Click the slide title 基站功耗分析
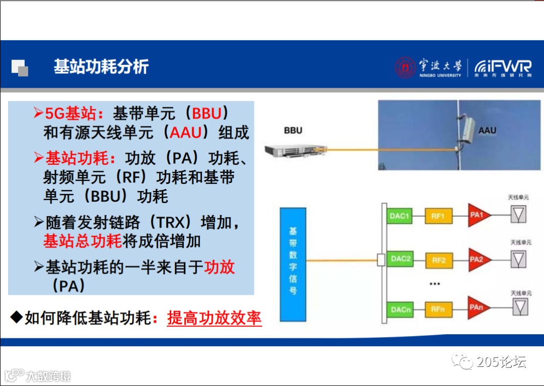(101, 67)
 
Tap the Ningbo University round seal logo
(405, 68)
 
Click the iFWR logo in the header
(503, 68)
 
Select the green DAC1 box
(400, 216)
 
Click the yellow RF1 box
(438, 216)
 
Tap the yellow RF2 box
(438, 261)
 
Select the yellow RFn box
(438, 309)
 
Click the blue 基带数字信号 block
(293, 264)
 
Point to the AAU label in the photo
(487, 131)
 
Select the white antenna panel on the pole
(468, 129)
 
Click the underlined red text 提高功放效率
(214, 318)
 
